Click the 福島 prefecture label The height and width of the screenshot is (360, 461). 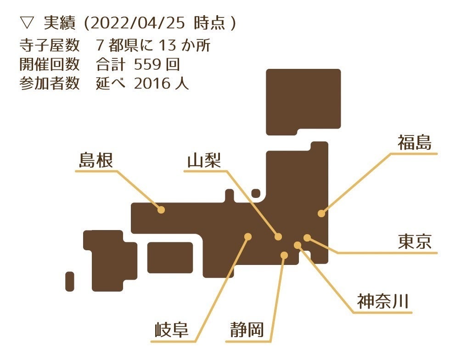click(415, 143)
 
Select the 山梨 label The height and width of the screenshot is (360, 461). click(204, 161)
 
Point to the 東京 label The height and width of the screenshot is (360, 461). click(415, 242)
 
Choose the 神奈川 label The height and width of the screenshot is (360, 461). click(382, 302)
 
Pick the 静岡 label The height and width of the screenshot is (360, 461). click(247, 330)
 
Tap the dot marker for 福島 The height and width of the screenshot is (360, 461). click(321, 213)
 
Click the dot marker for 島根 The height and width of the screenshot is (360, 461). click(161, 209)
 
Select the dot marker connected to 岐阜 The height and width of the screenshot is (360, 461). click(248, 236)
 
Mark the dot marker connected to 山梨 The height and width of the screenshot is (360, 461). click(278, 236)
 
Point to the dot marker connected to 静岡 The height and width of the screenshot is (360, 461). click(284, 255)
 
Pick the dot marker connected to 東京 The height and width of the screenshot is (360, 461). click(307, 237)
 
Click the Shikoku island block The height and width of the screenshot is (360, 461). click(170, 258)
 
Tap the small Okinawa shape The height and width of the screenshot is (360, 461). click(70, 281)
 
